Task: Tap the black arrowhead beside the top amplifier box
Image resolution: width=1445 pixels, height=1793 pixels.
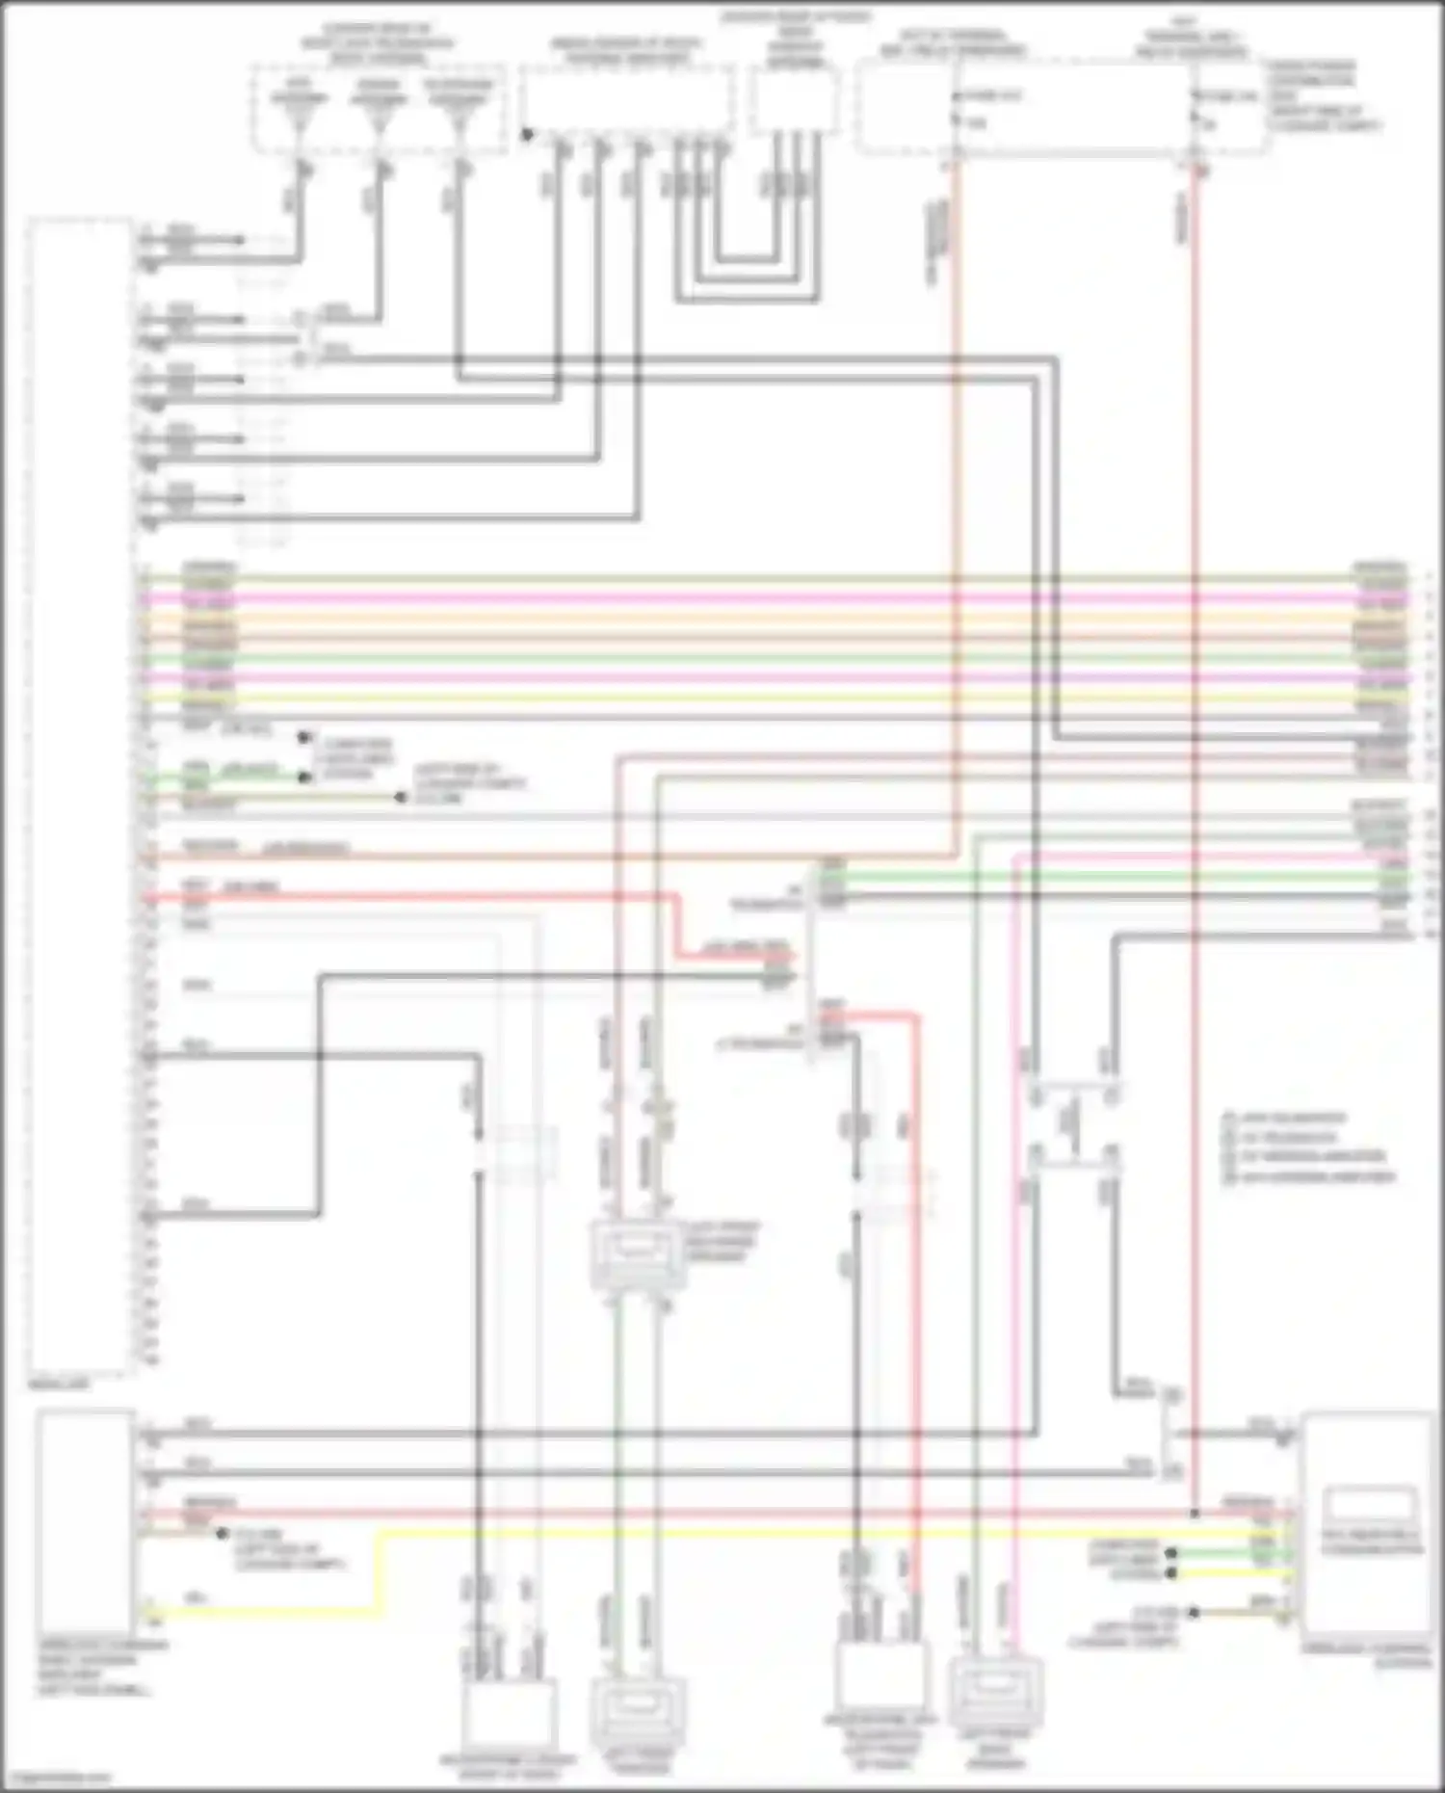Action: [x=527, y=134]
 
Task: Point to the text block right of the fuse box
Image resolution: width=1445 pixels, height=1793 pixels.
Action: [x=1325, y=96]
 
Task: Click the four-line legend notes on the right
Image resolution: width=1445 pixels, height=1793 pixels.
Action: [x=1308, y=1147]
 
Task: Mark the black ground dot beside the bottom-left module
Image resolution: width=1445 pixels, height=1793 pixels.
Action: [x=223, y=1532]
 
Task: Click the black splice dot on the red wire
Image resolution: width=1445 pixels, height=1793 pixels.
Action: [x=1195, y=1514]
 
